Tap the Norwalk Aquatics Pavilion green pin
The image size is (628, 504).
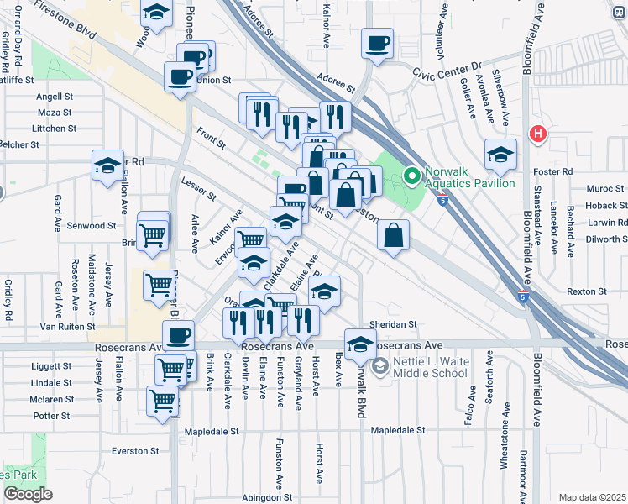coord(411,176)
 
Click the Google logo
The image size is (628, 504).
coord(28,494)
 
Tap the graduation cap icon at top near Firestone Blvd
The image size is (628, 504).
coord(155,13)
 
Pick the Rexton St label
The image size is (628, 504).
coord(586,291)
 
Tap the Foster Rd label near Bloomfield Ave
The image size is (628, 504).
coord(554,171)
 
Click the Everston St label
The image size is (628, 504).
coord(135,451)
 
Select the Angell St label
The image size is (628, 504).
coord(55,97)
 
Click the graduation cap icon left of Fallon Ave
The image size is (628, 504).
coord(107,165)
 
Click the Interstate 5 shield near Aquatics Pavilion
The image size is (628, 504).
coord(442,197)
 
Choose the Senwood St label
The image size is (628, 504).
coord(92,226)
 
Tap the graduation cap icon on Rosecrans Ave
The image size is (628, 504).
coord(360,344)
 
